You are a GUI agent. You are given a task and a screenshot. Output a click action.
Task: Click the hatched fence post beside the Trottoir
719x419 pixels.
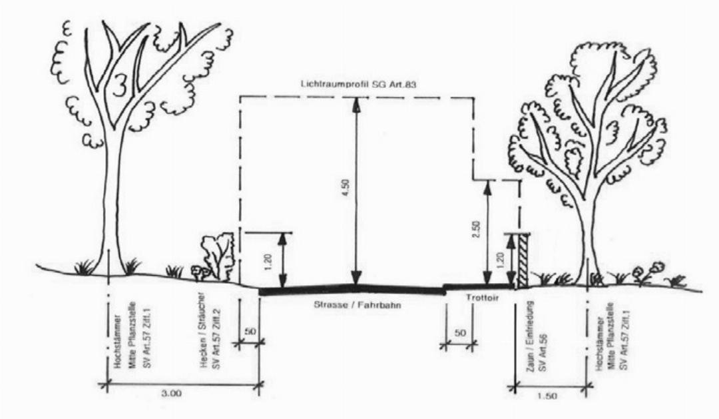click(x=523, y=261)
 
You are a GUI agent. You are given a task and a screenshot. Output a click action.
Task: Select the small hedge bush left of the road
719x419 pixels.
click(x=217, y=256)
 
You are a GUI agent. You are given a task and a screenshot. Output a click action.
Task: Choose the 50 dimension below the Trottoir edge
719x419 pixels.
click(x=459, y=332)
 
